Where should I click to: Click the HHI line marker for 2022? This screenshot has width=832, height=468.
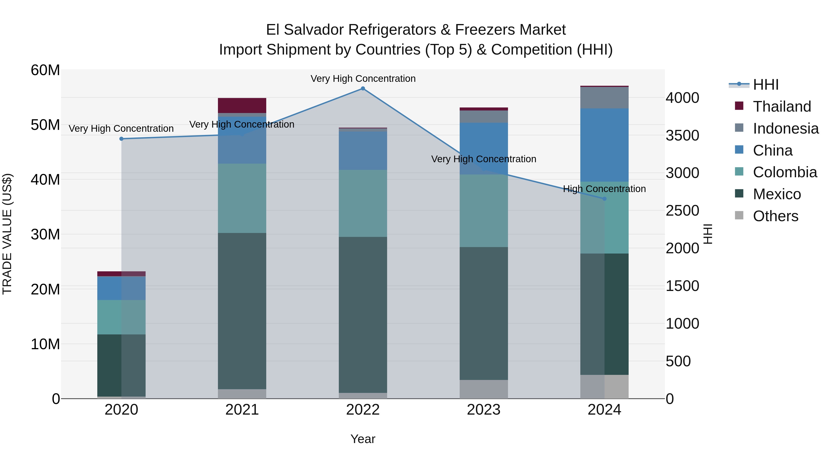363,89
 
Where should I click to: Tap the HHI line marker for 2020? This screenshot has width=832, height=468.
121,139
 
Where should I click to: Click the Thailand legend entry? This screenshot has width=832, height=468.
782,107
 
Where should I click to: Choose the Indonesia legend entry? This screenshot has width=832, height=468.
786,128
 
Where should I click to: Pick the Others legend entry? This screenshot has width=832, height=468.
775,216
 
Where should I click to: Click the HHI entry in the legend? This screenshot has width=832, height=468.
765,85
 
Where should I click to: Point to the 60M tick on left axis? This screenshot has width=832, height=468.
45,70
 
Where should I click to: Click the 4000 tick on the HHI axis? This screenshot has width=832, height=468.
682,98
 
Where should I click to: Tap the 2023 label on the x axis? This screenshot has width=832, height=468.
483,410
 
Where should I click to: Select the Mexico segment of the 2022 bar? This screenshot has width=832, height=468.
363,315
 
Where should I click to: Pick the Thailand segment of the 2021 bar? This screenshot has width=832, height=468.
242,105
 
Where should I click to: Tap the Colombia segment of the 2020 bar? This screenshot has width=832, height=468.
121,317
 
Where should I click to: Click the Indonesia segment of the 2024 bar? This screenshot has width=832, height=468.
604,98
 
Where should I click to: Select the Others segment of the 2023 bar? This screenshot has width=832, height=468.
483,389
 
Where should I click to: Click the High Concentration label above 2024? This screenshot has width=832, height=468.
604,189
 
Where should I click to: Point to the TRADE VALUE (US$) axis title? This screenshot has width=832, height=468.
7,234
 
